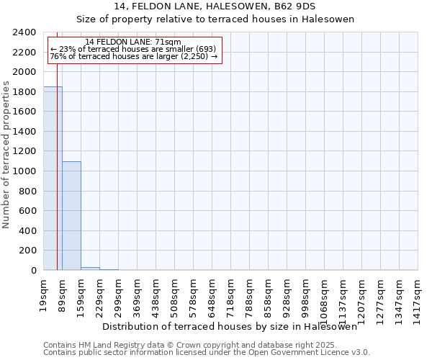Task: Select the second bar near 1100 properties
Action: (x=71, y=215)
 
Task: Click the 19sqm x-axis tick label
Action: (x=44, y=294)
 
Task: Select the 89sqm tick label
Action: (x=63, y=294)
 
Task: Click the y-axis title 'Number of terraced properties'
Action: (x=7, y=154)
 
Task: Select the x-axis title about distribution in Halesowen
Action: (x=230, y=327)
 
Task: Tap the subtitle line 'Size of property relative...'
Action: (x=215, y=19)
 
